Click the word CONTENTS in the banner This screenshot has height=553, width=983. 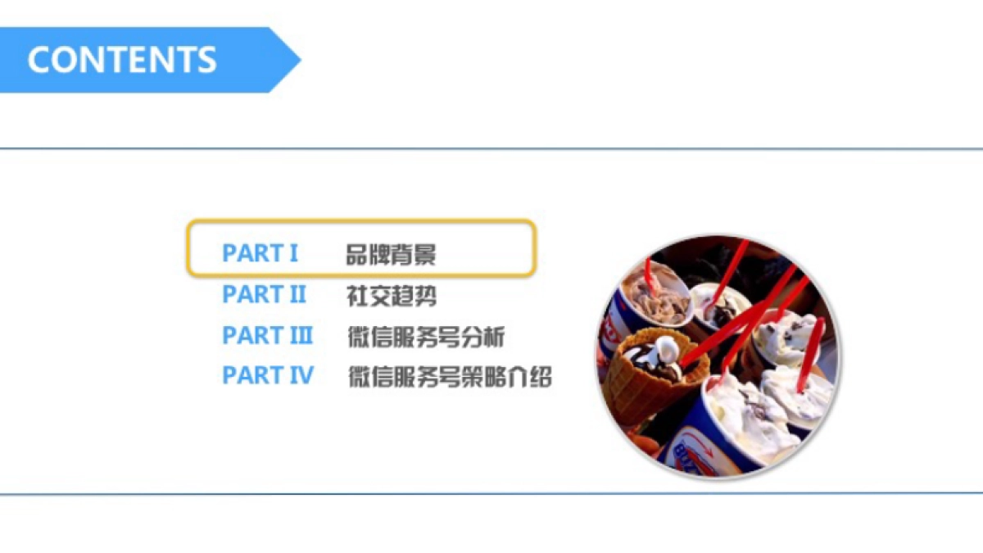click(x=122, y=60)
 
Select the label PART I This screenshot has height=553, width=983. click(x=260, y=253)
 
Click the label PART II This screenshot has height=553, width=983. click(x=264, y=294)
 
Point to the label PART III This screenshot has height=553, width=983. click(x=267, y=335)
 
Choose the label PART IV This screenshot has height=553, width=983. click(x=267, y=376)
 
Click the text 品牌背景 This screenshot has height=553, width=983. click(x=391, y=254)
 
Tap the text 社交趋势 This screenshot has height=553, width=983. click(x=391, y=295)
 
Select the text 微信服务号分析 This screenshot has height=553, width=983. click(x=426, y=336)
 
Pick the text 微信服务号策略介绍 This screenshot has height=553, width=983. click(x=450, y=377)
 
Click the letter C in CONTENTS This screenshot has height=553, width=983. click(x=39, y=60)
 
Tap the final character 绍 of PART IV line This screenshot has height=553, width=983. click(x=541, y=377)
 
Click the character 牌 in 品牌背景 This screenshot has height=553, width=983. click(x=379, y=254)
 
